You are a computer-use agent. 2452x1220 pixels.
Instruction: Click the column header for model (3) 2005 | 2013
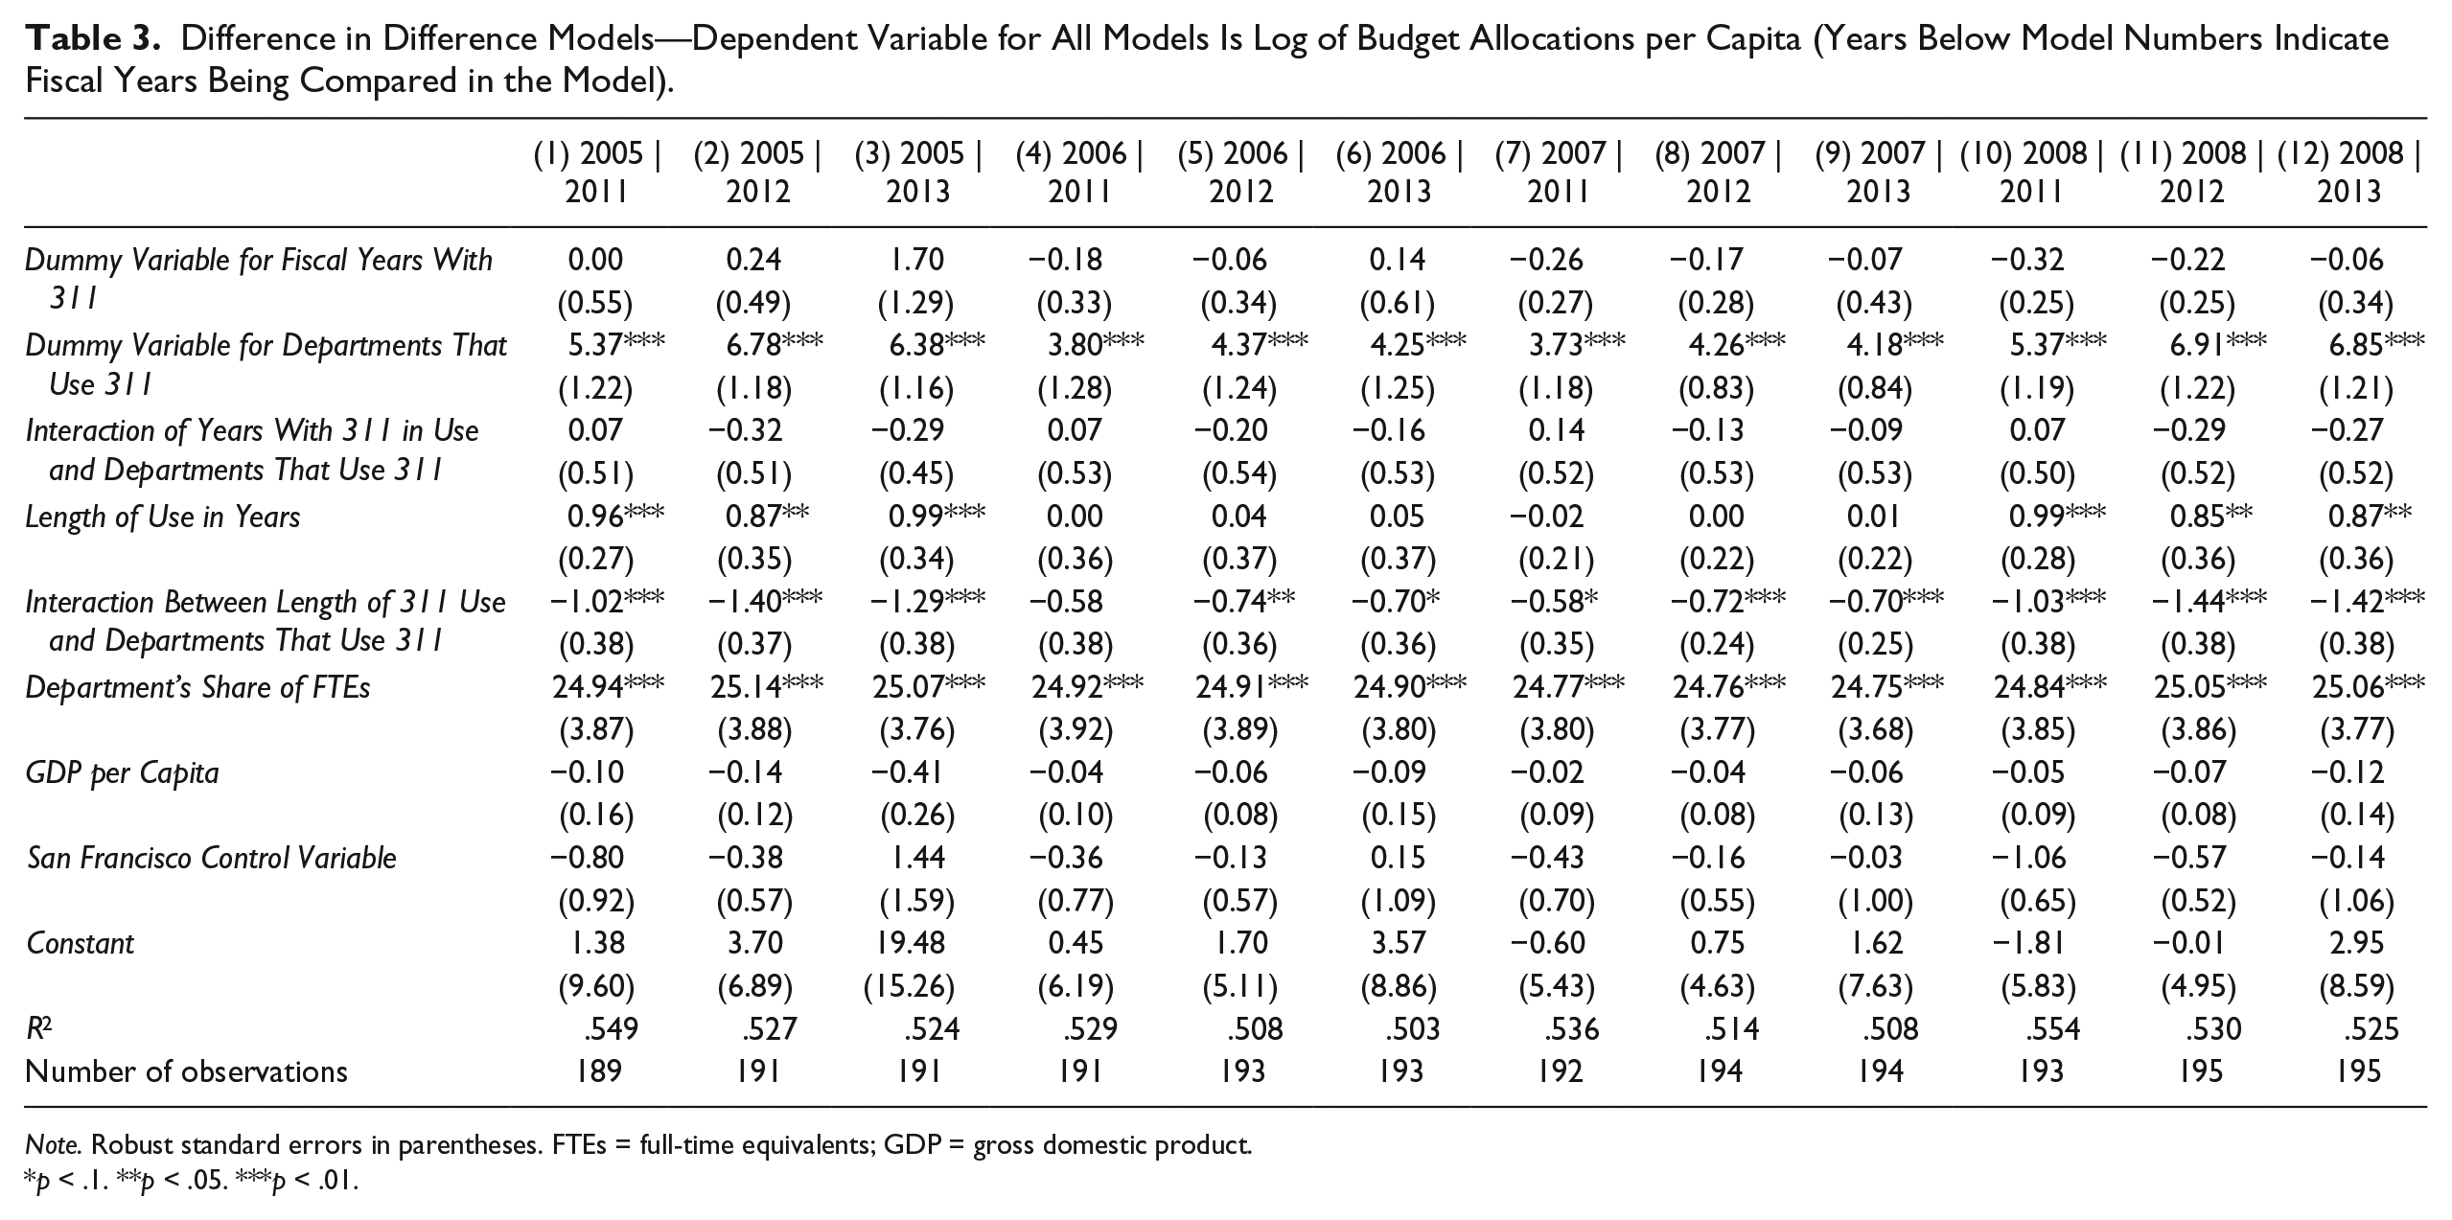point(917,173)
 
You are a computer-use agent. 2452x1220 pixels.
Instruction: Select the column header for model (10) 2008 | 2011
point(2031,173)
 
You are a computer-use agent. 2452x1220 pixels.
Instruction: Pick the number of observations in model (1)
point(596,1070)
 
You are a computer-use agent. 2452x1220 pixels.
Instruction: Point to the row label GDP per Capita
point(123,773)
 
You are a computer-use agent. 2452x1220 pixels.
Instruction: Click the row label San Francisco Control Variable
point(211,858)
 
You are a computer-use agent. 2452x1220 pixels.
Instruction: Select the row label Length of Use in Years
point(163,518)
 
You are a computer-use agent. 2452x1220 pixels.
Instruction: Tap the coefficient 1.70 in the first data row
point(916,260)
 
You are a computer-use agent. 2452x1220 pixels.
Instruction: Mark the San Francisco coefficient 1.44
point(917,858)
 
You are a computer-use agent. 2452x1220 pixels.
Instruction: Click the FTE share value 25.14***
point(766,687)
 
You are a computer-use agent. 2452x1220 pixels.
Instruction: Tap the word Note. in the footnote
point(56,1144)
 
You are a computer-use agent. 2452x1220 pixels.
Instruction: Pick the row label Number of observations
point(187,1070)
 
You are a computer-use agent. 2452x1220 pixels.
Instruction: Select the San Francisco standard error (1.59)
point(917,901)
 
